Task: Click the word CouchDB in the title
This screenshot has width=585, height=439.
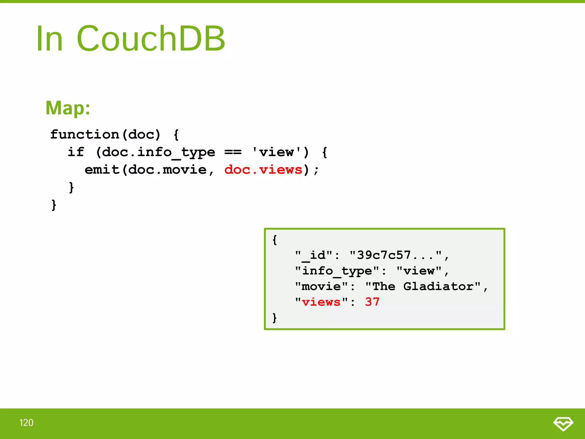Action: [x=151, y=39]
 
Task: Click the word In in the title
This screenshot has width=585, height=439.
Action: [x=49, y=39]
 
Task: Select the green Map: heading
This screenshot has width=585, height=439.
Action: [x=68, y=108]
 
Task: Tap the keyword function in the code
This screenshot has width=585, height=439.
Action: [x=85, y=134]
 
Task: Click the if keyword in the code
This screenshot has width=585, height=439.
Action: [x=76, y=152]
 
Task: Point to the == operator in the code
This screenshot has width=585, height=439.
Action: [x=233, y=152]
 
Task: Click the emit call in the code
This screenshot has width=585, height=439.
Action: [x=102, y=169]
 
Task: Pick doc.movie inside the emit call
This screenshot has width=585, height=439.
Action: [x=167, y=169]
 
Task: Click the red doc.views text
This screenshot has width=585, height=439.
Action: [x=263, y=169]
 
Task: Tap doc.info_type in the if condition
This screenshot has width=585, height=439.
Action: [x=158, y=152]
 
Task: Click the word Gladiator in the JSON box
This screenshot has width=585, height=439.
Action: [x=438, y=286]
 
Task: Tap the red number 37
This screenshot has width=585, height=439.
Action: [x=372, y=302]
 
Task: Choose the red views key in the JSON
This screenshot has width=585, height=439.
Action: [x=321, y=302]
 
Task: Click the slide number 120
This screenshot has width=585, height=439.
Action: [x=26, y=423]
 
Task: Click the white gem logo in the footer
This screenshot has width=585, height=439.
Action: [x=563, y=423]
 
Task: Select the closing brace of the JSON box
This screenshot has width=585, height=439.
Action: [x=275, y=318]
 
